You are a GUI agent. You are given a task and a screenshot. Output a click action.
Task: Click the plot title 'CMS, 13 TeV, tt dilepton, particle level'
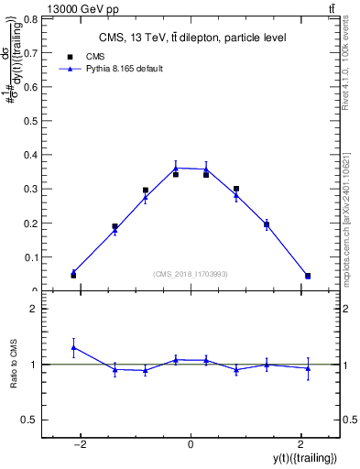coord(191,38)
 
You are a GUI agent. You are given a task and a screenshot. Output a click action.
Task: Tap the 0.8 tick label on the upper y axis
coord(30,18)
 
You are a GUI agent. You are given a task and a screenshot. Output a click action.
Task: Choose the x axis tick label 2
coord(300,444)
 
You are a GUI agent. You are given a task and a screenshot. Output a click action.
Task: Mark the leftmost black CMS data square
coord(73,275)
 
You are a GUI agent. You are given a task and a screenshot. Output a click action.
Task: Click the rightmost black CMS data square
coord(308,276)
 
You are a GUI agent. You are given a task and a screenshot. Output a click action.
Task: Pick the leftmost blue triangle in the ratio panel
coord(73,347)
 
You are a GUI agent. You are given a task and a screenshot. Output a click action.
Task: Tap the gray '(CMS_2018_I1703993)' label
coord(191,274)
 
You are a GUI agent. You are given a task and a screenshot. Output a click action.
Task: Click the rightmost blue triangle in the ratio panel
coord(308,368)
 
